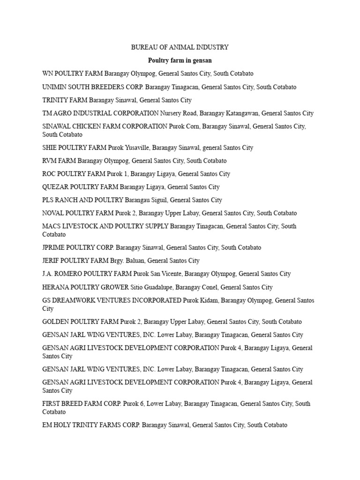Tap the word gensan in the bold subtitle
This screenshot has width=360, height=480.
point(203,60)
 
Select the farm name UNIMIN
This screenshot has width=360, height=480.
point(55,87)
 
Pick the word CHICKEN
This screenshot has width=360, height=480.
point(90,127)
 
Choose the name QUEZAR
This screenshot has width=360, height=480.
point(55,187)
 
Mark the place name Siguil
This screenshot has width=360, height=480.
point(158,200)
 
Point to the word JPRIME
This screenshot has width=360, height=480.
point(54,247)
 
